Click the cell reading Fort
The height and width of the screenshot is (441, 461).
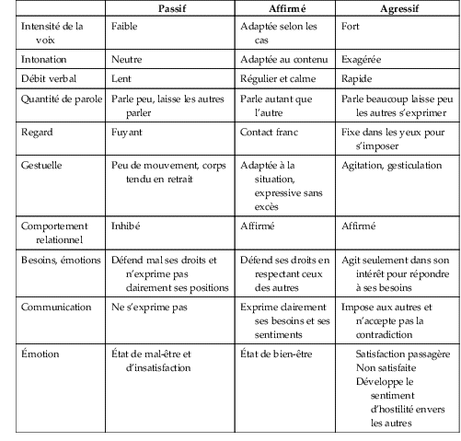352,27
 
